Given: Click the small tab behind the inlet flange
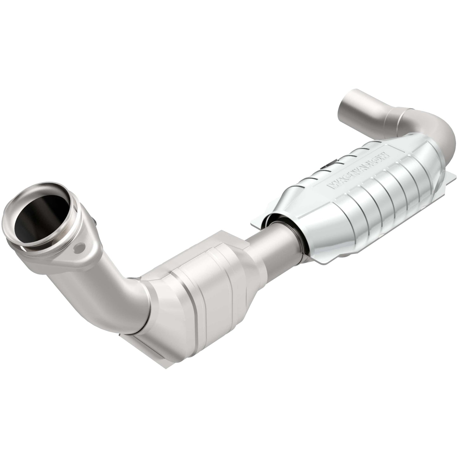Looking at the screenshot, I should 93,219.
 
